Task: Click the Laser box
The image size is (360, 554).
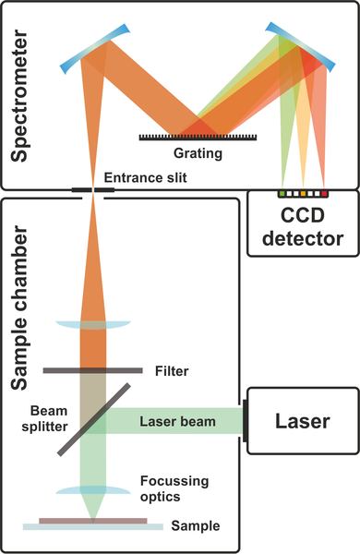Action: pos(302,421)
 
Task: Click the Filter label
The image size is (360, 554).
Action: pos(172,371)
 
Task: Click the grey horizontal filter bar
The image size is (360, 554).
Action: pos(93,371)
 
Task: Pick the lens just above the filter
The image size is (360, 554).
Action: pos(92,324)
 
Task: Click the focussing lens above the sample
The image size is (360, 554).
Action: pos(93,491)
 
